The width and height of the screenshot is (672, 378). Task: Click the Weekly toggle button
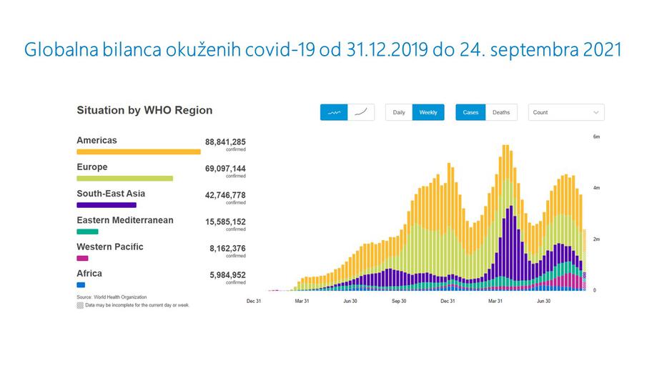(428, 112)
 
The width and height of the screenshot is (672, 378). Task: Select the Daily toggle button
(399, 112)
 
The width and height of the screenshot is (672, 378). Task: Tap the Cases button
(470, 112)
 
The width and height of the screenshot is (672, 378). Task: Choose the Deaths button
(501, 112)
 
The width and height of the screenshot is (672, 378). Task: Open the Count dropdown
(566, 112)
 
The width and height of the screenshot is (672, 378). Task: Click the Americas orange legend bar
(138, 151)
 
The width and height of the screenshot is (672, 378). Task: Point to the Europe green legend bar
(124, 178)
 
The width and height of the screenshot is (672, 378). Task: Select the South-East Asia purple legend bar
(106, 205)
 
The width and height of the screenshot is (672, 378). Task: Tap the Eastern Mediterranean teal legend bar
(87, 232)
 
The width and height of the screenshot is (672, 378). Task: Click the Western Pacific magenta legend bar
(82, 258)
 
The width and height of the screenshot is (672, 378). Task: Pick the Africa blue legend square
(81, 284)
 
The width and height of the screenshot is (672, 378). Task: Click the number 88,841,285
(225, 141)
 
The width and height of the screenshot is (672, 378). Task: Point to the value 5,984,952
(225, 275)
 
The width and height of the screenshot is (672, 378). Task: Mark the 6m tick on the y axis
(597, 136)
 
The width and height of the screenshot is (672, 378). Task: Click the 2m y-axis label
(597, 239)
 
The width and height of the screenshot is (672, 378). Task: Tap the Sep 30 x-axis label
(399, 301)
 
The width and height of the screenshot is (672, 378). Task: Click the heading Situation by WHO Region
(144, 110)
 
